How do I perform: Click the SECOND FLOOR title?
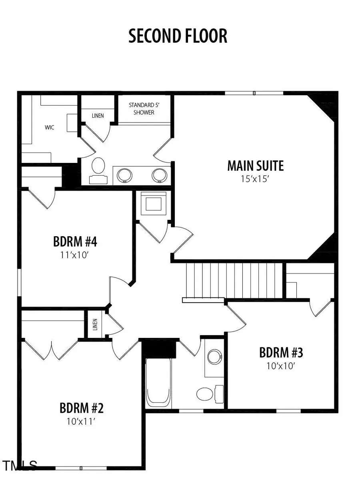click(178, 36)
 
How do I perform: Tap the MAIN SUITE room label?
click(255, 165)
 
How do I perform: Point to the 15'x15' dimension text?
click(255, 179)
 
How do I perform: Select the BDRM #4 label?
click(75, 242)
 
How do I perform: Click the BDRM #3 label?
click(281, 353)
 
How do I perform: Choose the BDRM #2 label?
click(82, 408)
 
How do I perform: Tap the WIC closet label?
click(50, 127)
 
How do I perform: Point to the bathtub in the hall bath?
click(158, 382)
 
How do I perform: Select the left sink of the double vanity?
click(124, 175)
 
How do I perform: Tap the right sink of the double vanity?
click(159, 175)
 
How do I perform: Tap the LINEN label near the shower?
click(98, 116)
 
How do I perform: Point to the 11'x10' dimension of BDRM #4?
click(75, 255)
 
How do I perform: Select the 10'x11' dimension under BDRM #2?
click(82, 421)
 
